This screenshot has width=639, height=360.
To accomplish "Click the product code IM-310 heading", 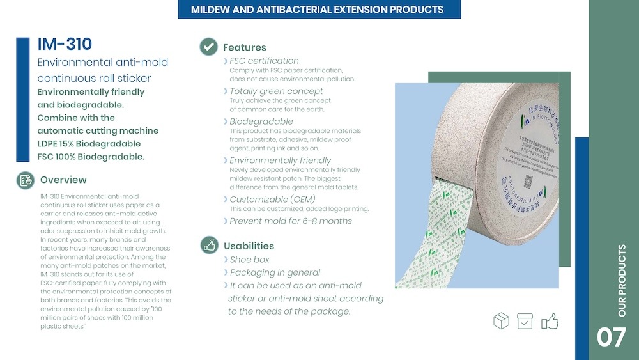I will click(65, 44).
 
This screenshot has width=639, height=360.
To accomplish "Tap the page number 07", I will click(611, 337).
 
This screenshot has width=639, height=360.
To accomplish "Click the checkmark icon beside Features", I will click(208, 47).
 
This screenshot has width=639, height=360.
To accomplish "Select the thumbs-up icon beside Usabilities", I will click(209, 245).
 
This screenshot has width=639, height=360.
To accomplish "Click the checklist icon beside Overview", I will click(25, 180).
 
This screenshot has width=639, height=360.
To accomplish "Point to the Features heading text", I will click(245, 47).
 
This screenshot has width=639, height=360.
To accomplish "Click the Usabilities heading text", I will click(249, 246).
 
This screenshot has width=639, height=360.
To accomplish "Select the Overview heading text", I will click(63, 180).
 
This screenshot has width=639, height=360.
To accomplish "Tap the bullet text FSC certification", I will click(264, 61).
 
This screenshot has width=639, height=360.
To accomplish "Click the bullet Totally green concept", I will click(276, 91).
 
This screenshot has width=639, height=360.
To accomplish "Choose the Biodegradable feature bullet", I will click(261, 121).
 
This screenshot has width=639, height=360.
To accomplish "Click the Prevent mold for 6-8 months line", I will click(291, 221).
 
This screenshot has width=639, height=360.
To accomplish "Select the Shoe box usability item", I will click(249, 260).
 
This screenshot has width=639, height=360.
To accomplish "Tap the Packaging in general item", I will click(275, 272).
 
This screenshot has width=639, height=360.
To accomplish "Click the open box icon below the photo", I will click(502, 320).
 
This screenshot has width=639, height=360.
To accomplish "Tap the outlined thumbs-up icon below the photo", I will click(550, 320).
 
